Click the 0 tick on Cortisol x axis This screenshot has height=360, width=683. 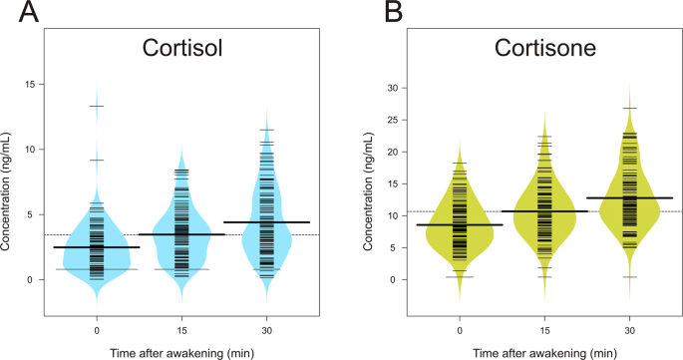coord(97,314)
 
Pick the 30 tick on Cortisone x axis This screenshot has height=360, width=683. coord(628,314)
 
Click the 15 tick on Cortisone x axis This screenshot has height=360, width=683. coord(543,314)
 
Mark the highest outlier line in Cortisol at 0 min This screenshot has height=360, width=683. coord(97,106)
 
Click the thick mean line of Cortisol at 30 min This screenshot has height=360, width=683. coord(266,222)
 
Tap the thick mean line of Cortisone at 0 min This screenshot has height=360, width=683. coord(459,224)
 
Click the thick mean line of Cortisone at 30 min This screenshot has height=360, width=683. coord(628,197)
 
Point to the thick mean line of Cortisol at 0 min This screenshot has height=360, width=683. coord(97,246)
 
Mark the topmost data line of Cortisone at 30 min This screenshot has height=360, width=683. coord(628,108)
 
